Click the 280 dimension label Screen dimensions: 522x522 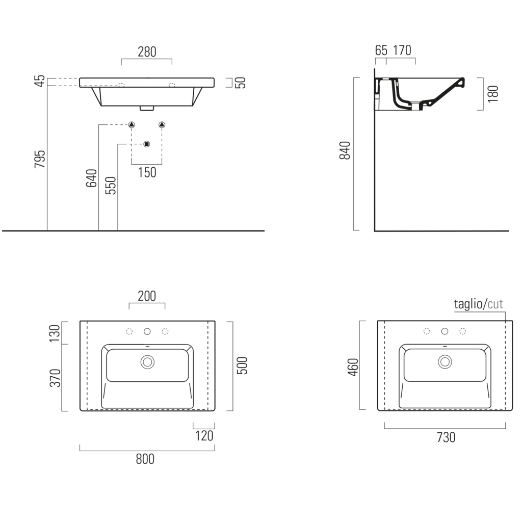tap(147, 52)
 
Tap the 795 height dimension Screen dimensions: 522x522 tap(40, 159)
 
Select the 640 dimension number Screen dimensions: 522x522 tap(92, 178)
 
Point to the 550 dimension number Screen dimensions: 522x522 tap(111, 186)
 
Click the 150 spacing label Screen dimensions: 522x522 tap(147, 172)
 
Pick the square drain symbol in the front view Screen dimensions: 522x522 tap(147, 144)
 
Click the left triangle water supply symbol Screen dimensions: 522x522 tap(132, 125)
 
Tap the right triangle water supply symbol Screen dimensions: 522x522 tap(162, 125)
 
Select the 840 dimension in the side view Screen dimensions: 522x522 tap(345, 150)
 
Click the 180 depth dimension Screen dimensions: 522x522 tap(493, 94)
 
